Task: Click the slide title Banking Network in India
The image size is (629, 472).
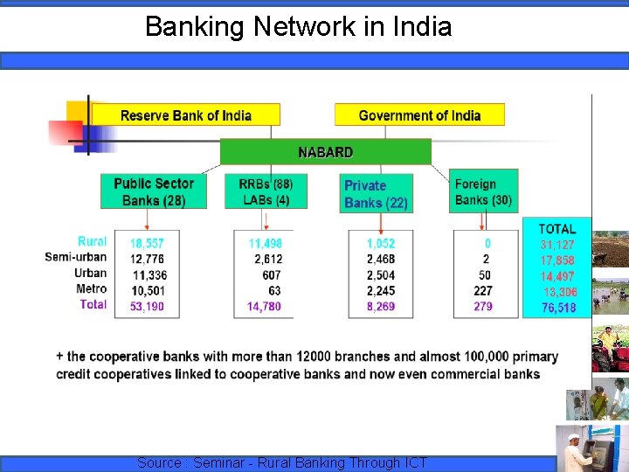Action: (x=298, y=27)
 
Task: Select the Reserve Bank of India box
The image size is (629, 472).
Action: (x=186, y=115)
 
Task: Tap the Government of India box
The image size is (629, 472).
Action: (x=419, y=115)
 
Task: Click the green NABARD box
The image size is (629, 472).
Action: (x=325, y=152)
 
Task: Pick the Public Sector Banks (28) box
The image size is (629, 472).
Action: (x=154, y=191)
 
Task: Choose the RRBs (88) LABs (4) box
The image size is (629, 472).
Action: (x=266, y=191)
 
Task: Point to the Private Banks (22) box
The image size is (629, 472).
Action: (x=376, y=193)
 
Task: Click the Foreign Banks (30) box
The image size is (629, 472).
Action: (x=483, y=191)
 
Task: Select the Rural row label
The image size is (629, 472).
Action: (x=92, y=241)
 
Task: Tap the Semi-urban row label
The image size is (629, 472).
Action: (x=76, y=257)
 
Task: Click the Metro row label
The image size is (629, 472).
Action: (x=91, y=288)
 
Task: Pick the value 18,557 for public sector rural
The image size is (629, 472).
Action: (x=147, y=244)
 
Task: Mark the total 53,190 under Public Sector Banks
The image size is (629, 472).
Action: (x=147, y=306)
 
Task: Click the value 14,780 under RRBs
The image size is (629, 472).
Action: (x=264, y=306)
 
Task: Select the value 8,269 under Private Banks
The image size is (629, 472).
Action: (x=380, y=306)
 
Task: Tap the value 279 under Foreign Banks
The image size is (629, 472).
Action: (x=483, y=306)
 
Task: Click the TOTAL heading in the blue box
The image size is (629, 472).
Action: (x=556, y=229)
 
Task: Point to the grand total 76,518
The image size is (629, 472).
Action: (x=558, y=308)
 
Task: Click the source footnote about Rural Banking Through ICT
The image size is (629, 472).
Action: (x=282, y=462)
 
